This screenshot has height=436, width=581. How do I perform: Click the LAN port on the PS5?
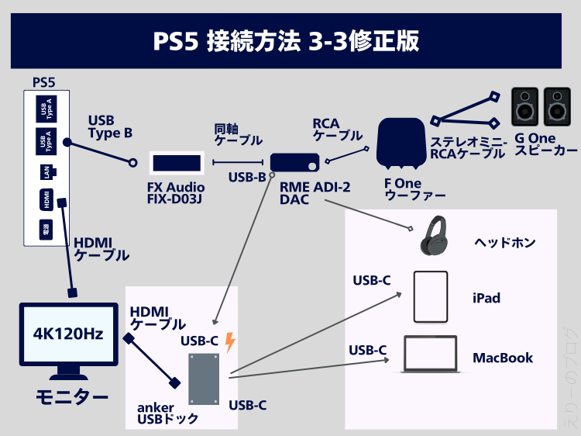point(47,172)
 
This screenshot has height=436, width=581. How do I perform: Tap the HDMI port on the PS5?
point(46,199)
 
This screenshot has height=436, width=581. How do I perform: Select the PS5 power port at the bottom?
point(46,230)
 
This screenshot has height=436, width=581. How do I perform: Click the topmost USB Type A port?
point(46,109)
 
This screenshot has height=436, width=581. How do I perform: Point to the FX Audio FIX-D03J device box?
point(177,163)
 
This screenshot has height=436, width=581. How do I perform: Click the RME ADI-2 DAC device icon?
point(294,162)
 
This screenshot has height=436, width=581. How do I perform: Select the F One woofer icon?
point(401,144)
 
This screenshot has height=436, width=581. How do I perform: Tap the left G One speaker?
point(524,107)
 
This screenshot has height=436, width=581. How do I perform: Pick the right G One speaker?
point(557,107)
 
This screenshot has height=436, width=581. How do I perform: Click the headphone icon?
point(434,236)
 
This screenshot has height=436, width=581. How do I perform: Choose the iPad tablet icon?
point(431,297)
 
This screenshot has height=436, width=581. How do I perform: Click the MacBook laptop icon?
point(430,355)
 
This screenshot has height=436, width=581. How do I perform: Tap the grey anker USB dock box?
point(204,379)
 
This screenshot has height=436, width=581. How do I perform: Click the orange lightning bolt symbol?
point(230,342)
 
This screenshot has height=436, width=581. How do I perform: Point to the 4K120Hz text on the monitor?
point(68,334)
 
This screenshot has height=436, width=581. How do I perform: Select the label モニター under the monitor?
point(72,397)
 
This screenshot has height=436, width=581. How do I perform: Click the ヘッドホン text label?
point(505,243)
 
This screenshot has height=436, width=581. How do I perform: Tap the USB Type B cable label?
point(110,127)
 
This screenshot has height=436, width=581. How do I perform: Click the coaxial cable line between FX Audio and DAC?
point(238,162)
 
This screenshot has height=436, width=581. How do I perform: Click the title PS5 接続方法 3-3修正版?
point(286,41)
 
